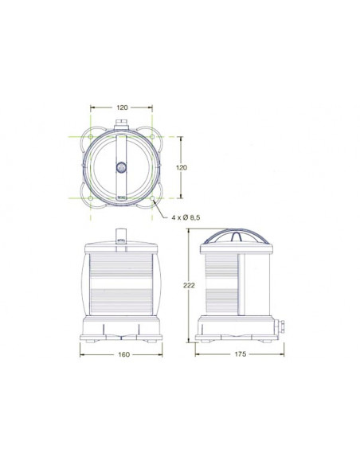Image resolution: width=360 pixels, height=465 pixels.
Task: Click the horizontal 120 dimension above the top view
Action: (122, 107)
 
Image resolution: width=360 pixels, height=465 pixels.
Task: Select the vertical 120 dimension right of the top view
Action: (182, 167)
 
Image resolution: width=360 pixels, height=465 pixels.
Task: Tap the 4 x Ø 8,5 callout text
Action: (186, 217)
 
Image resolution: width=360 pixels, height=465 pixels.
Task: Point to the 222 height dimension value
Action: (189, 285)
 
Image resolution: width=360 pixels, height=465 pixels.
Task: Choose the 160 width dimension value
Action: (124, 354)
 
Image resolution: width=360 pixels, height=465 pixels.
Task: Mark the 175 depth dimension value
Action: (241, 354)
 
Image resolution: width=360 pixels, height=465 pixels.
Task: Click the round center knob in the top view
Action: (121, 167)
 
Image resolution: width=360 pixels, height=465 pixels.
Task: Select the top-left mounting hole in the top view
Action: (91, 137)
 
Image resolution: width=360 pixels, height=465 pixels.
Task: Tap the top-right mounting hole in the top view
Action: (152, 137)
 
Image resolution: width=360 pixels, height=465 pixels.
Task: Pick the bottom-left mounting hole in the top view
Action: (91, 198)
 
